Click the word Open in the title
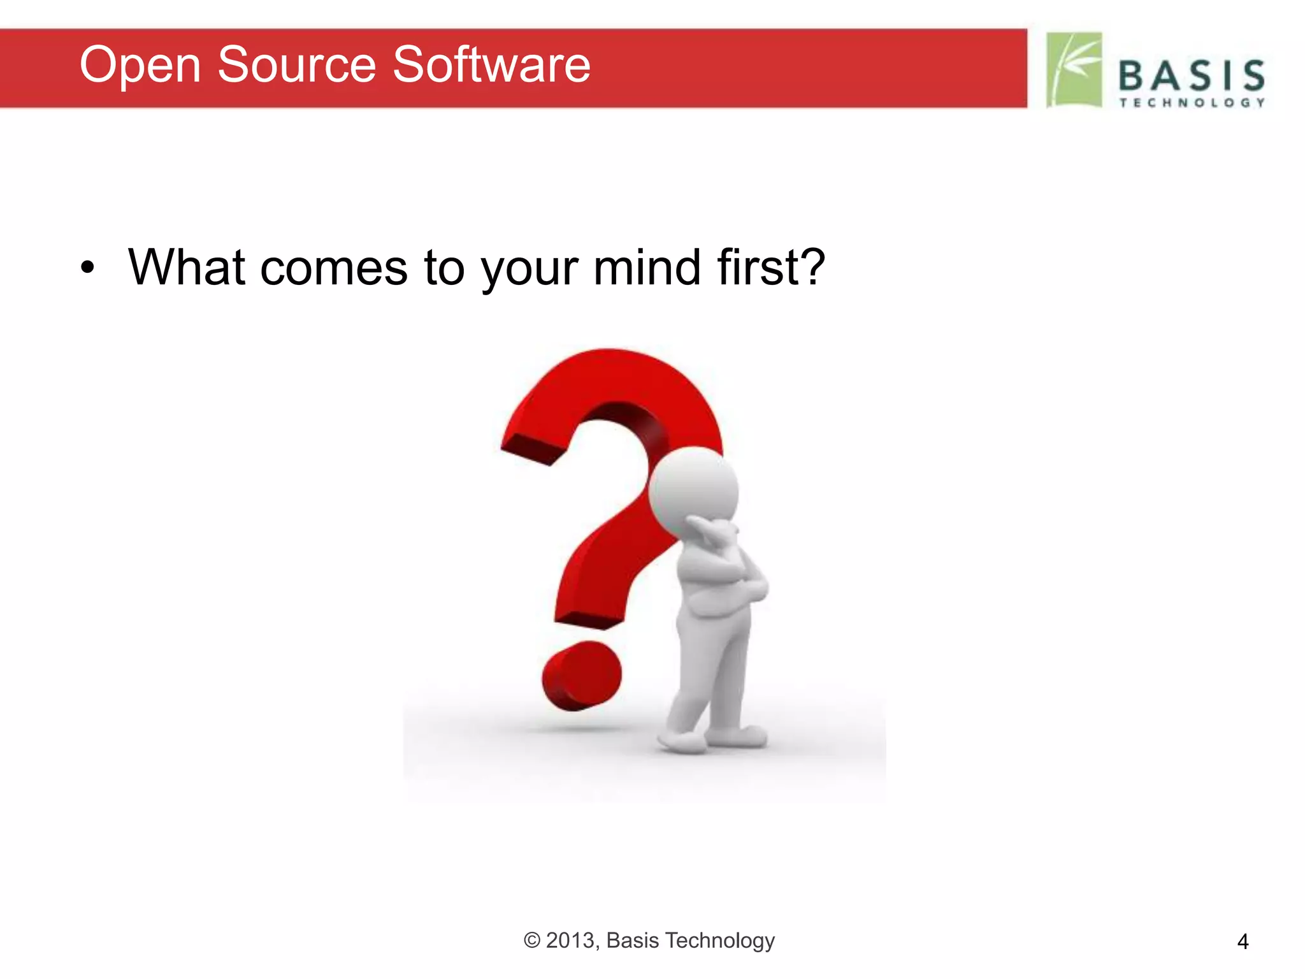(140, 66)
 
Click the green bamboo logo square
(1074, 69)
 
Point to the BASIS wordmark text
(1191, 76)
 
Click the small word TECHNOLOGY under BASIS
(1192, 103)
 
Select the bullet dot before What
(88, 268)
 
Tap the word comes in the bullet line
(333, 268)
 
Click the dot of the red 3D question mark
(581, 676)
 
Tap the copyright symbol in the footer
(532, 940)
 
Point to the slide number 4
(1243, 941)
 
